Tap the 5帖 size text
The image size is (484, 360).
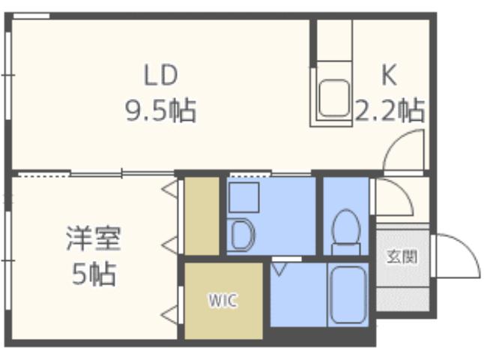click(93, 274)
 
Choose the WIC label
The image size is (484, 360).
click(223, 301)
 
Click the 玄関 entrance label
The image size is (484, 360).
click(402, 257)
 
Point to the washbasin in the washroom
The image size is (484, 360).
click(241, 235)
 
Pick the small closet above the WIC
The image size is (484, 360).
click(201, 215)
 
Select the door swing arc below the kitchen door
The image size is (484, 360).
click(393, 196)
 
